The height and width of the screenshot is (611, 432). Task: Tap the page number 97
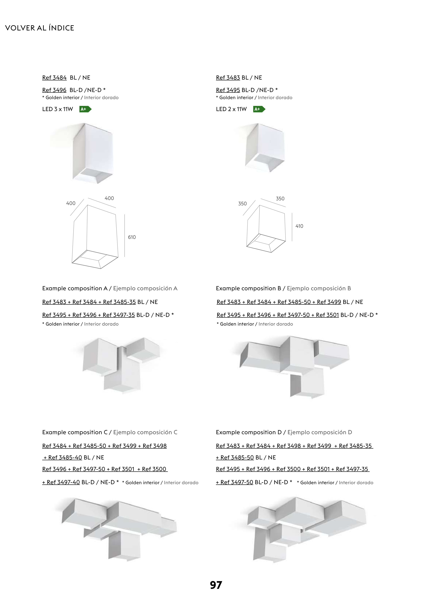[x=216, y=585]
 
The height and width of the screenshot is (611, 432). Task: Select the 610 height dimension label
[x=132, y=237]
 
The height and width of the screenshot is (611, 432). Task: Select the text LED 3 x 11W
[x=57, y=109]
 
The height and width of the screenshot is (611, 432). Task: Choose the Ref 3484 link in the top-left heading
[x=54, y=78]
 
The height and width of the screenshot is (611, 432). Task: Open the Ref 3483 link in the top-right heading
[x=228, y=78]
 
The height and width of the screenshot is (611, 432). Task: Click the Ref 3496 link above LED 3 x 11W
[x=54, y=90]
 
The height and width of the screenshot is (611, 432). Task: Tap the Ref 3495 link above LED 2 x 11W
[x=228, y=90]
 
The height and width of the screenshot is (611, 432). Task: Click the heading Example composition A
[x=75, y=289]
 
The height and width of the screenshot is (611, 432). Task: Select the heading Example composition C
[x=75, y=432]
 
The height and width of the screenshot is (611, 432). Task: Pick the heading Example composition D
[x=249, y=432]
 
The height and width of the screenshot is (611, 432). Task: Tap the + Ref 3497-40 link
[x=61, y=482]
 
